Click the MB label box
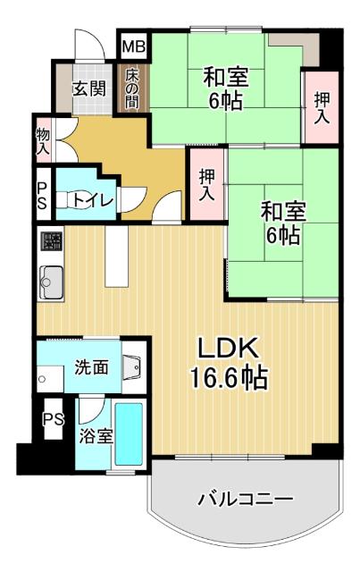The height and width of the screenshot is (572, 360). (x=132, y=46)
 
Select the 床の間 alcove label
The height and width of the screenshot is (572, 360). (x=131, y=88)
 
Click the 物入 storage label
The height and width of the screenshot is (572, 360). (x=42, y=142)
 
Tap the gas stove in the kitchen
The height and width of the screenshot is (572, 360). (x=50, y=242)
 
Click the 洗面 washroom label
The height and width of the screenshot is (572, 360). (x=91, y=366)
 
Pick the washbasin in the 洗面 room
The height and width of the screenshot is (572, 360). (x=132, y=366)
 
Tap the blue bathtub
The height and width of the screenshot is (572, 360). (x=129, y=435)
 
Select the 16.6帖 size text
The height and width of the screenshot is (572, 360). (x=228, y=378)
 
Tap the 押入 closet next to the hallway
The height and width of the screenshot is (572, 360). (x=206, y=184)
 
